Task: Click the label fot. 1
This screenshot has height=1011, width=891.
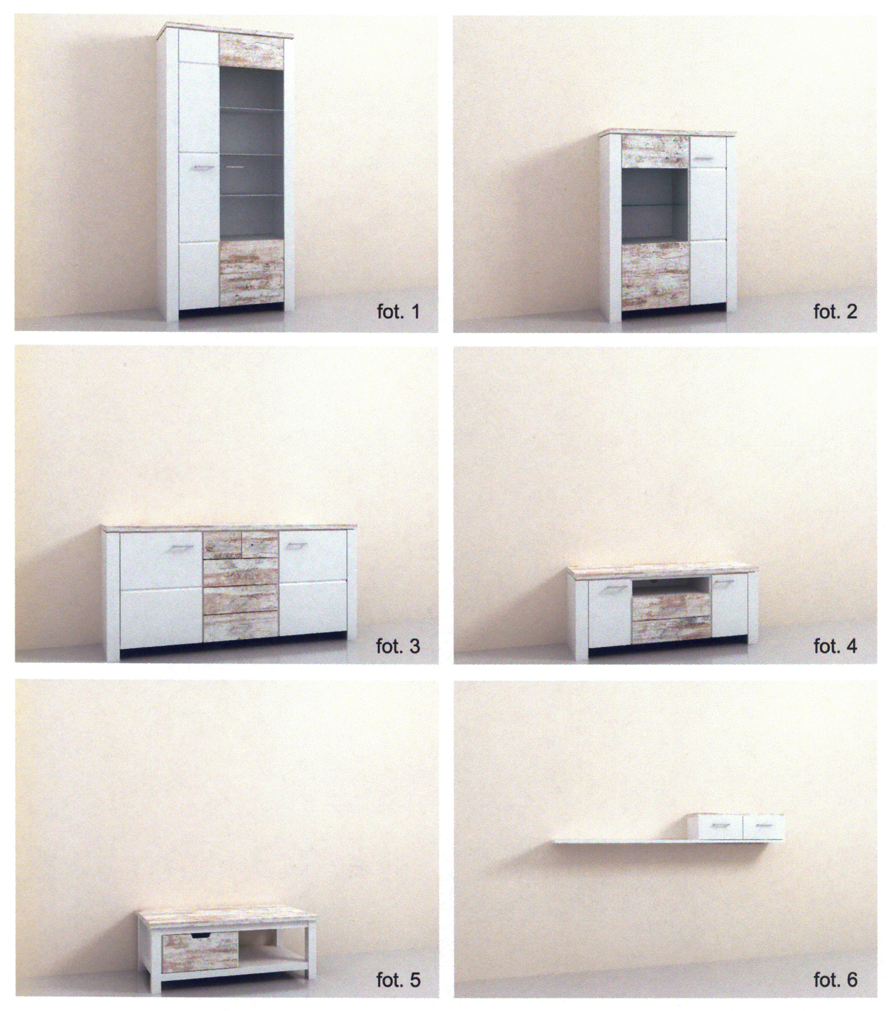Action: (x=398, y=312)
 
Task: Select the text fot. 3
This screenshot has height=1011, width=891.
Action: (x=398, y=646)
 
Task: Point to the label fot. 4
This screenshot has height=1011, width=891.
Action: (x=835, y=646)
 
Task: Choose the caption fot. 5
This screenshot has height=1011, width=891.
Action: (x=398, y=980)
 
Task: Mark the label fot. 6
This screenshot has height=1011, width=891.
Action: (x=835, y=980)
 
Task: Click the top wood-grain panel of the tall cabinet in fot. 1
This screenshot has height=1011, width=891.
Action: (x=252, y=51)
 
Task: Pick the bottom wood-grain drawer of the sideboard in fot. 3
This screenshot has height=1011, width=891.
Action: (x=240, y=626)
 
